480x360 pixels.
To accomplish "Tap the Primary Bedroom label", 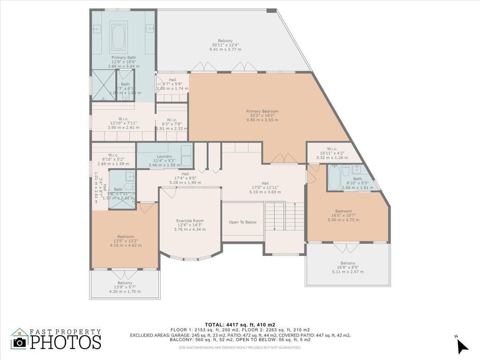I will point(262,115).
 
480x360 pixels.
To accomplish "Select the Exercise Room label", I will point(190,225).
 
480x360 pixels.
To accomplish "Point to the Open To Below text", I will point(242,222).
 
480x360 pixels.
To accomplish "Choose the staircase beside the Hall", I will point(275,216).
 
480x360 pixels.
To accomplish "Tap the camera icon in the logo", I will point(20,342).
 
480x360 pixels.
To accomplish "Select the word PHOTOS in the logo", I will point(66,342).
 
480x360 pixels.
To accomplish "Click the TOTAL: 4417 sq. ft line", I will point(240,324).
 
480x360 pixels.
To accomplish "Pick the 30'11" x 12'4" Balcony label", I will point(225,45).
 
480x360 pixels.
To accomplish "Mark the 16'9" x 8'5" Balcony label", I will point(348,267).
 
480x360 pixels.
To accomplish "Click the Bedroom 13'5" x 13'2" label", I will point(126,240).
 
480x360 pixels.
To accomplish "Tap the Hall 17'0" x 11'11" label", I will point(265,187).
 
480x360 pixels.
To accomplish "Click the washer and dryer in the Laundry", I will point(186,156).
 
